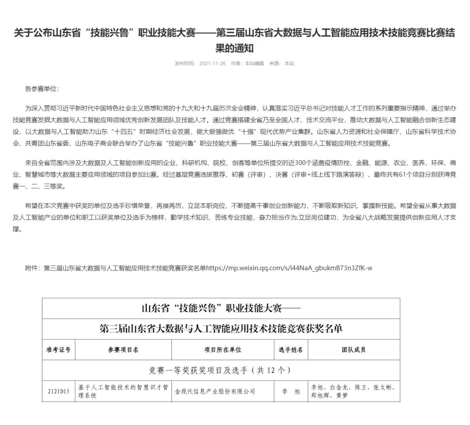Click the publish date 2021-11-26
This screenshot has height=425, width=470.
(x=212, y=63)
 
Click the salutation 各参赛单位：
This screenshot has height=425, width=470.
(x=41, y=89)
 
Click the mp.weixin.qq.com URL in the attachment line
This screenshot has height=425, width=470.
(x=289, y=268)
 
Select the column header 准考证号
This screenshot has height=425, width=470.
(x=58, y=350)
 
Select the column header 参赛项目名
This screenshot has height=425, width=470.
(x=123, y=350)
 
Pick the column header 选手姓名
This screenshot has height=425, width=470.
(x=291, y=350)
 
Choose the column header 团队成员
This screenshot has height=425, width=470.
(x=353, y=350)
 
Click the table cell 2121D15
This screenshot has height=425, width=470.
(x=58, y=391)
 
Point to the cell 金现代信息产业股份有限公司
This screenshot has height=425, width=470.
(x=215, y=391)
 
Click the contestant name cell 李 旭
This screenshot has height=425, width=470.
(x=291, y=391)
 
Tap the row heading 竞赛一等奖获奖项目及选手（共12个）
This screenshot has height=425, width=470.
(x=221, y=371)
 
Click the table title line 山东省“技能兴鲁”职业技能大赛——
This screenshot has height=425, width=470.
(x=221, y=308)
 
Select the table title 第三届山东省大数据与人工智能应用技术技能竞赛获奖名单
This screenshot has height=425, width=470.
(x=221, y=329)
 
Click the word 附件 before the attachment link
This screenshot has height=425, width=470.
(x=32, y=268)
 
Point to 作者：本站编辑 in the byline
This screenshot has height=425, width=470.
(x=247, y=63)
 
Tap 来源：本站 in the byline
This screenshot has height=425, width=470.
(x=282, y=63)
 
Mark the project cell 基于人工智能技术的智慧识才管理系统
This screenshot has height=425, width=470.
(x=123, y=391)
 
